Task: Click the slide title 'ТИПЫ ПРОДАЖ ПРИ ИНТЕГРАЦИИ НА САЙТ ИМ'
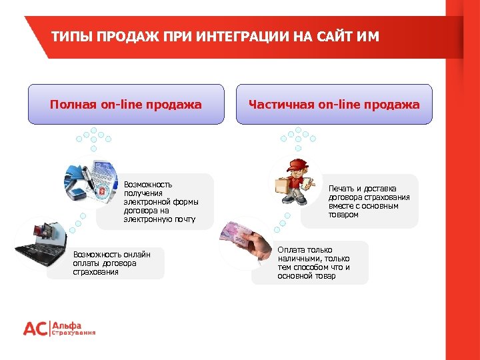(215, 37)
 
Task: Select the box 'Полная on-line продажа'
(126, 104)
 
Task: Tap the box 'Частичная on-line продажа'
(334, 104)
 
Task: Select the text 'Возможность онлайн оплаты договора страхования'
(111, 263)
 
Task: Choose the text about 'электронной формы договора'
(161, 201)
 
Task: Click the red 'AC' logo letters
(36, 329)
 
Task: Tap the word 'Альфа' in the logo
(67, 325)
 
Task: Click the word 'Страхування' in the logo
(74, 333)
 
